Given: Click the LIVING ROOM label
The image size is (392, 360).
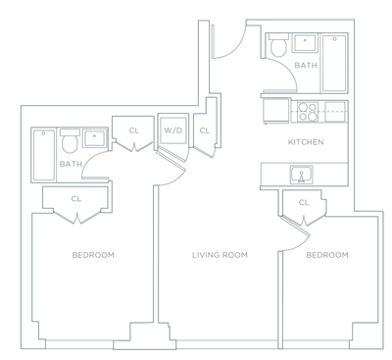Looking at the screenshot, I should pyautogui.click(x=219, y=255).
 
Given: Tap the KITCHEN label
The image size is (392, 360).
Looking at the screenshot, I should pyautogui.click(x=305, y=141).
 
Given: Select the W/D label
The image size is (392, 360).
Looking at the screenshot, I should pyautogui.click(x=173, y=129).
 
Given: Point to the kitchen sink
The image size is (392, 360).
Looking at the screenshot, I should pyautogui.click(x=302, y=175).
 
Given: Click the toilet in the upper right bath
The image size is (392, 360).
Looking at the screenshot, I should pyautogui.click(x=277, y=45).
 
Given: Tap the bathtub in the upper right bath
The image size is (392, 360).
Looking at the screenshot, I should pyautogui.click(x=334, y=62).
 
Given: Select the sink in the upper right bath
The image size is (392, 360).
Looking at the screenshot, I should pyautogui.click(x=303, y=45).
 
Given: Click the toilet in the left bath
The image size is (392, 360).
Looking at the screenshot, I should pyautogui.click(x=70, y=143).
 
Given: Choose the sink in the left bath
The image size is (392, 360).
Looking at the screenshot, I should pyautogui.click(x=95, y=138).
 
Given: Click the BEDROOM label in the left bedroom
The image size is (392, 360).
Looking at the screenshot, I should pyautogui.click(x=93, y=255).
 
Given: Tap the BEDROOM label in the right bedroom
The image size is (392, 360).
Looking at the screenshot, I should pyautogui.click(x=326, y=255).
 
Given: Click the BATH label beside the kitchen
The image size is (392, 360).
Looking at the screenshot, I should pyautogui.click(x=307, y=66).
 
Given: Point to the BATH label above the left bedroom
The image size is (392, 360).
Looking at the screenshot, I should pyautogui.click(x=71, y=165).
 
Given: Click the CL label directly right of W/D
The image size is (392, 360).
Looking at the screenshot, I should pyautogui.click(x=204, y=129).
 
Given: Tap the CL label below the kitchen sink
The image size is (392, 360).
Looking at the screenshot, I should pyautogui.click(x=304, y=203).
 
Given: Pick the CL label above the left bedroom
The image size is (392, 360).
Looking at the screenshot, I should pyautogui.click(x=75, y=199).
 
